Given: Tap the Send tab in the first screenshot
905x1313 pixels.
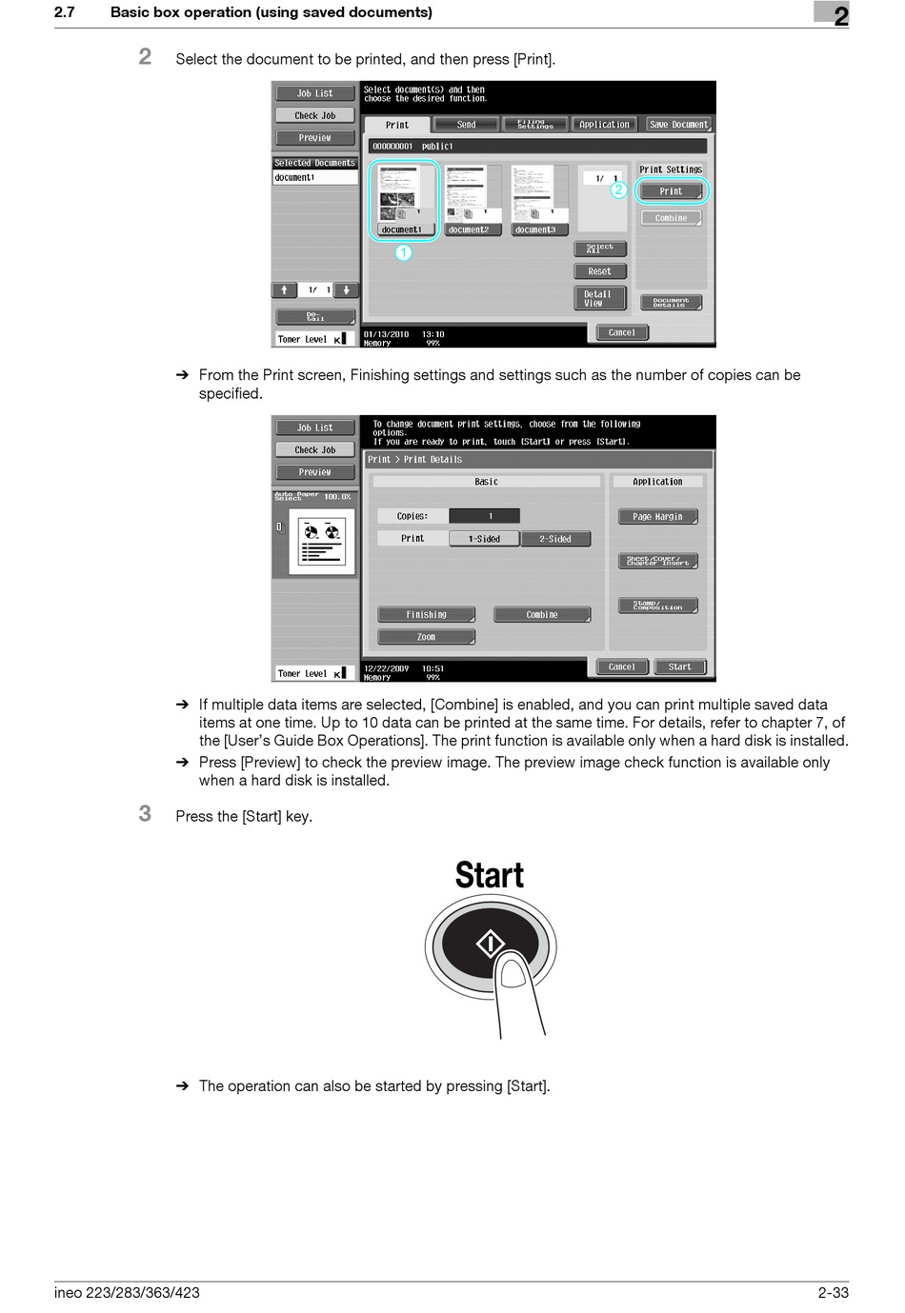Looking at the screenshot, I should pos(466,125).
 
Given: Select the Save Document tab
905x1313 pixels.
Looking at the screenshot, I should pos(678,125).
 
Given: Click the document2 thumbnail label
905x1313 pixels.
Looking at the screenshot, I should pos(468,229).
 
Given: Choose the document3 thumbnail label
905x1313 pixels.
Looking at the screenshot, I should pos(534,229).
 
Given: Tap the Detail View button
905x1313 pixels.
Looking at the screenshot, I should pos(599,298).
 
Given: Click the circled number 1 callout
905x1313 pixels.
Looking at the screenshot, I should pos(404,252).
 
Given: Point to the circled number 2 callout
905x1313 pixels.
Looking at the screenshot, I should pos(618,189).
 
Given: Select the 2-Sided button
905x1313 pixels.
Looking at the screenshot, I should pos(555,539).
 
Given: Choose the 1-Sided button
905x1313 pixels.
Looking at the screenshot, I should pos(484,539).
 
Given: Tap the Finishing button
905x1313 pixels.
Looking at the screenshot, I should pos(426,615).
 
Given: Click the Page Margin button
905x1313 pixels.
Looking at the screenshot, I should pos(657,517).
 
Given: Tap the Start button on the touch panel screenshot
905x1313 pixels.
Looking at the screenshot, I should pos(679,666).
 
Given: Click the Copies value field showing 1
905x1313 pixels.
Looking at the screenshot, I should pos(484,516).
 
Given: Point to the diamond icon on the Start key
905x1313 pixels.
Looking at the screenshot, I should pos(491,944).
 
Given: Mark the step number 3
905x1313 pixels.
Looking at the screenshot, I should pos(145,813).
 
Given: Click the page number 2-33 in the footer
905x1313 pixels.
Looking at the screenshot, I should pos(833,1292).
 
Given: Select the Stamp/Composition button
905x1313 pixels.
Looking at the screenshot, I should pos(657,606).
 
